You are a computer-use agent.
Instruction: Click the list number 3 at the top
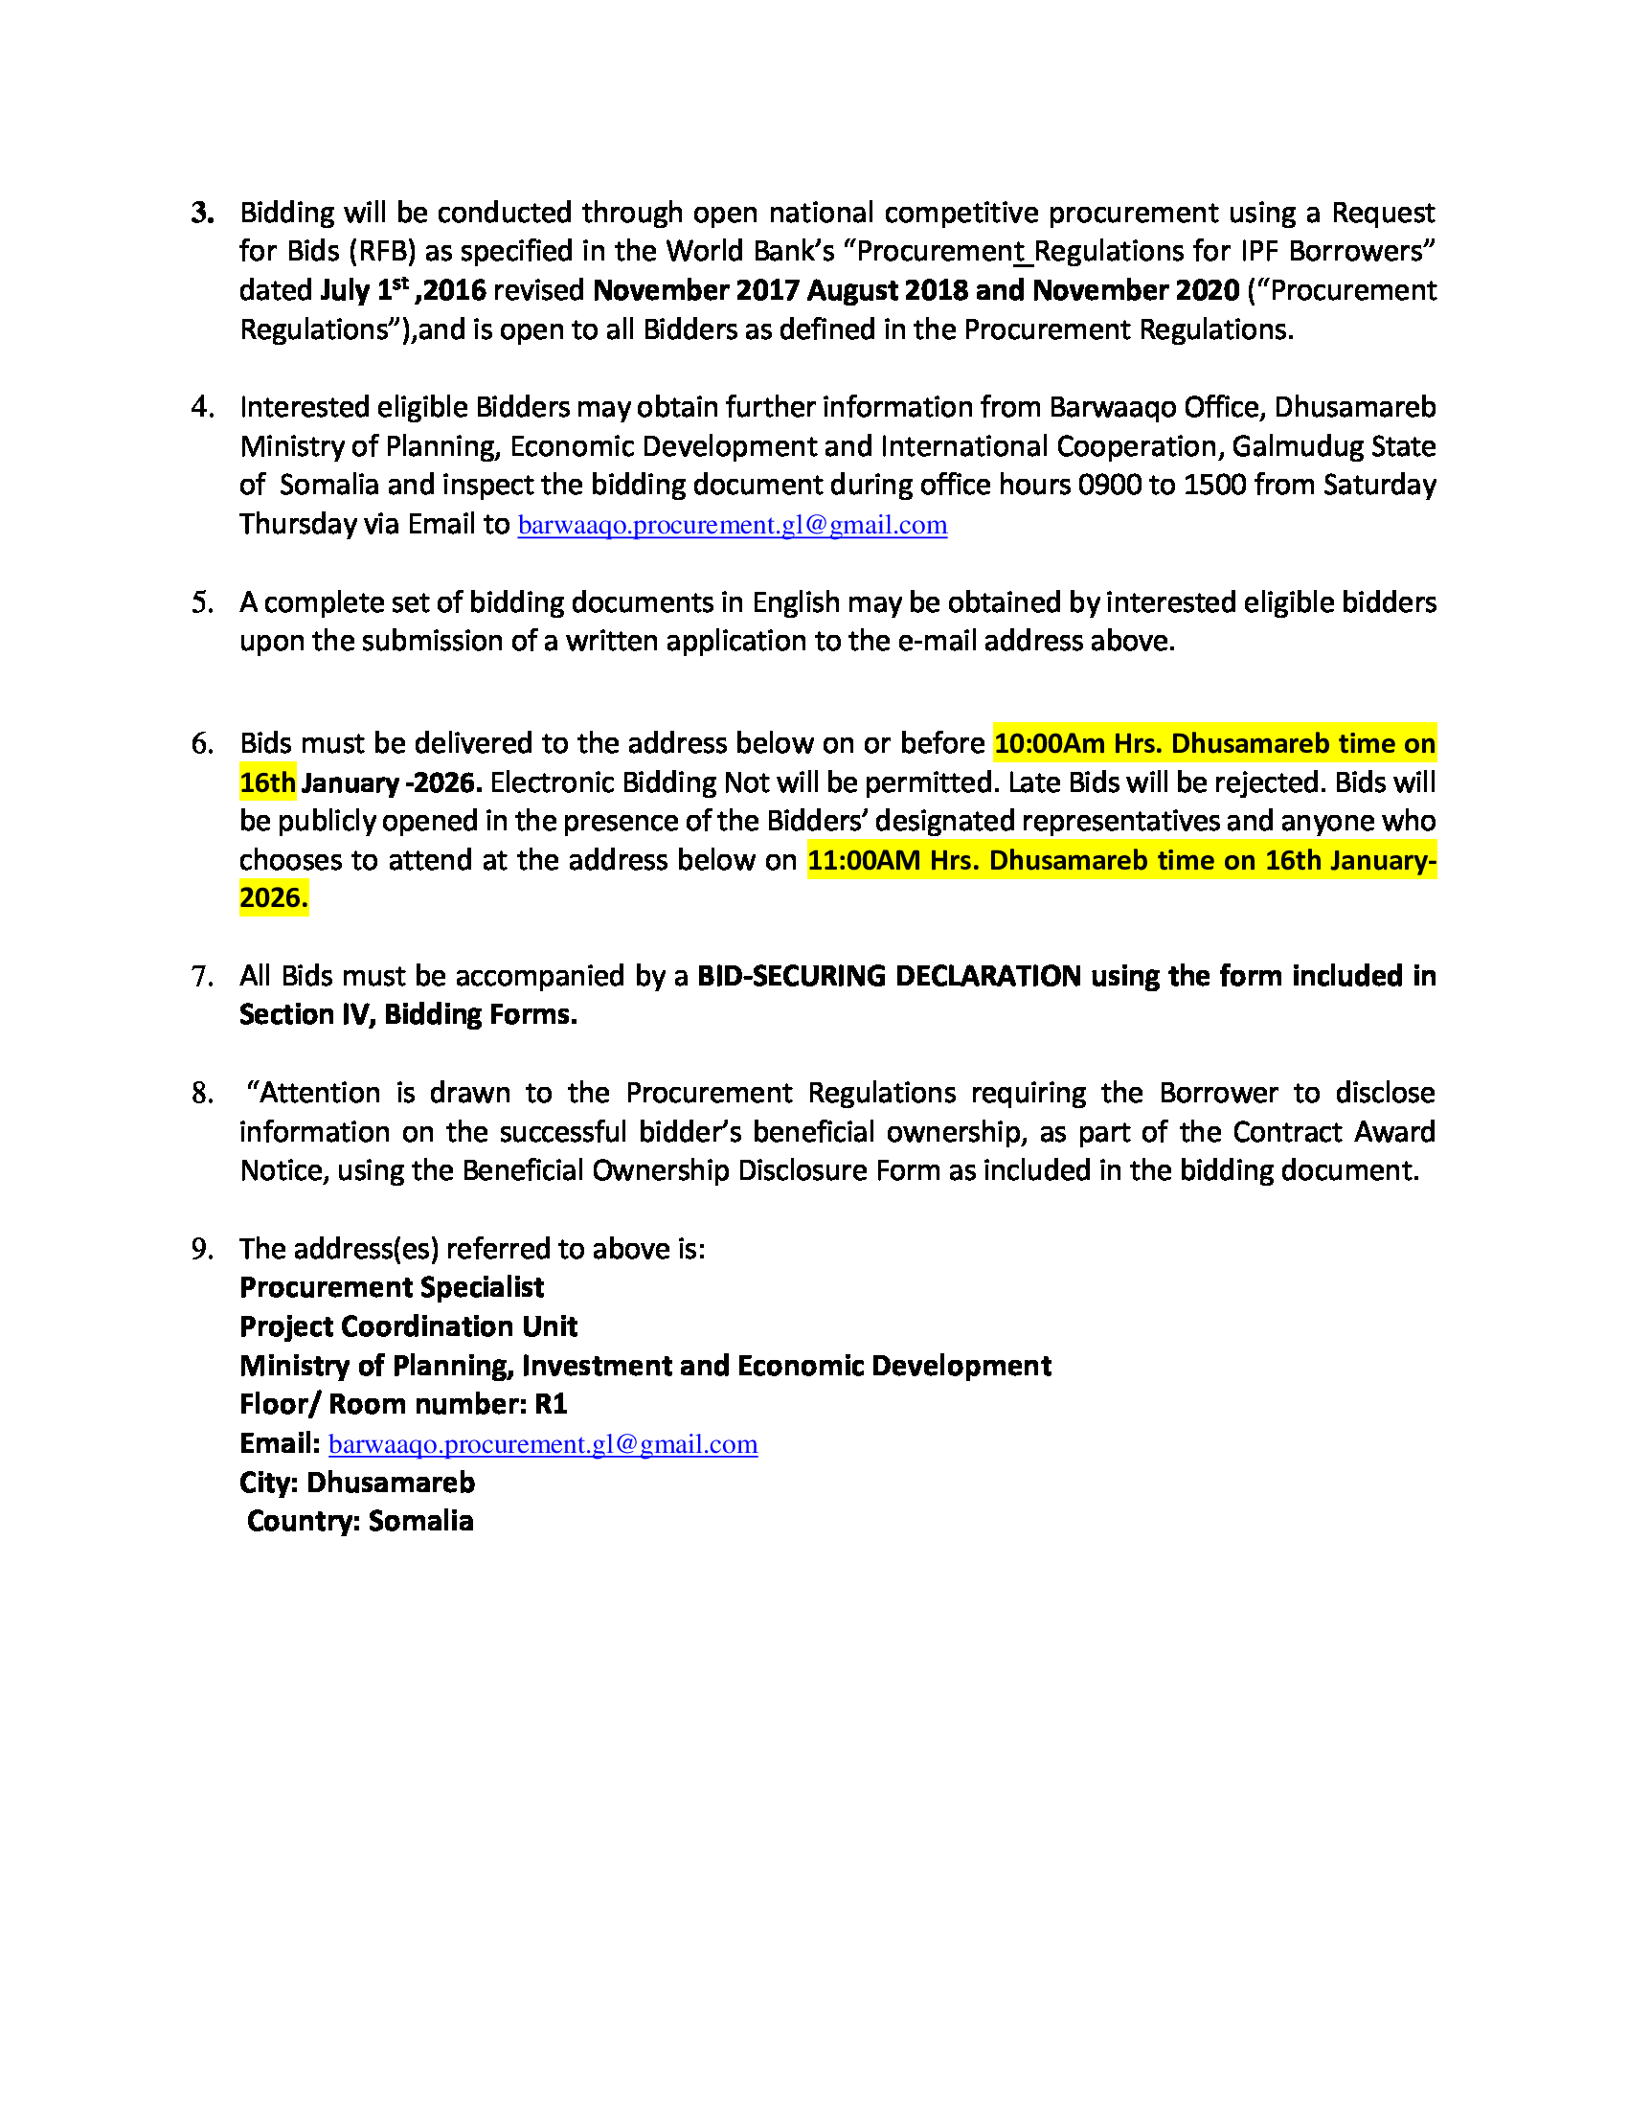tap(201, 214)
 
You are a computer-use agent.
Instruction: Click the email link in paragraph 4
tap(732, 525)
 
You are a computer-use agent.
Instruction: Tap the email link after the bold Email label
tap(543, 1444)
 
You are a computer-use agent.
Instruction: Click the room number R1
tap(551, 1405)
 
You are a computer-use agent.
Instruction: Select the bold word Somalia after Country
tap(420, 1522)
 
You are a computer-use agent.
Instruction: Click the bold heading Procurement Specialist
tap(392, 1288)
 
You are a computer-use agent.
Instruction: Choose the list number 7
tap(201, 977)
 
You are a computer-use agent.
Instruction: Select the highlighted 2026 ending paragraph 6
tap(273, 898)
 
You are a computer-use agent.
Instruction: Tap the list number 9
tap(201, 1249)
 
